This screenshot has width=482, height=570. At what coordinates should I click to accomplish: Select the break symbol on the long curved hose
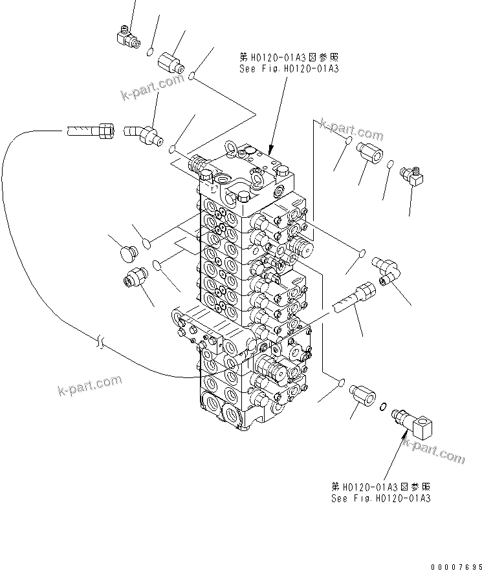(x=99, y=341)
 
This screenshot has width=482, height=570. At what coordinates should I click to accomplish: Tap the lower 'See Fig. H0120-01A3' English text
(x=380, y=498)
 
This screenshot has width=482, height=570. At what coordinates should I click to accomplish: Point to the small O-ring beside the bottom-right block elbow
(x=384, y=406)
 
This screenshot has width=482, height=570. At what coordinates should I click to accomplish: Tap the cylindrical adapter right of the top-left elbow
(x=171, y=63)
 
